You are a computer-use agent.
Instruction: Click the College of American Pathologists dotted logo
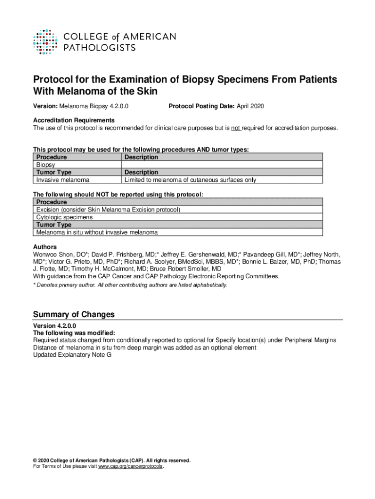[47, 41]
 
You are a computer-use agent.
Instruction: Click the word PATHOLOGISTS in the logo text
[100, 47]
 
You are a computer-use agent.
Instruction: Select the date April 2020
[250, 106]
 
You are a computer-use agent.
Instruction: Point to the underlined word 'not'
[236, 128]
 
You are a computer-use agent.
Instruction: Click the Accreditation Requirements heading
[74, 120]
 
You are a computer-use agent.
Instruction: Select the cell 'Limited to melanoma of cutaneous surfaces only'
[190, 180]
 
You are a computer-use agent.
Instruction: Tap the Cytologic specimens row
[64, 217]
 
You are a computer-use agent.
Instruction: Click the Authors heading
[45, 247]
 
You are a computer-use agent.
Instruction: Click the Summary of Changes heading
[74, 314]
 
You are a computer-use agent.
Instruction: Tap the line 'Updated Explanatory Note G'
[72, 355]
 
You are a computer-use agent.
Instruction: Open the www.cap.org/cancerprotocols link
[131, 466]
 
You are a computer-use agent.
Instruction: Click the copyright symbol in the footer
[35, 461]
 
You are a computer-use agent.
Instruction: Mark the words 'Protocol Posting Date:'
[201, 106]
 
